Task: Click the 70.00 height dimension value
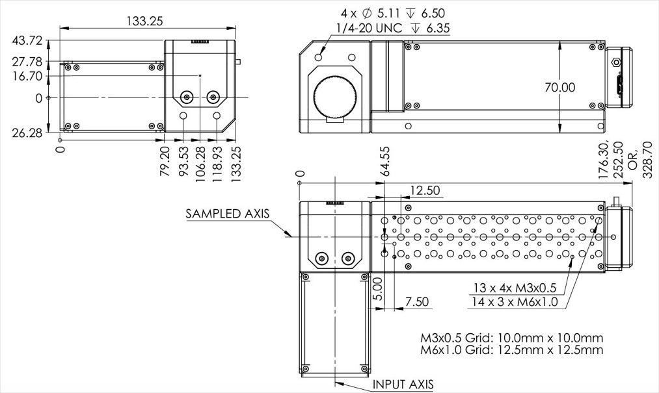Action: point(560,87)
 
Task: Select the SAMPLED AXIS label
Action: point(228,213)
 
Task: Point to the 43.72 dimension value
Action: point(27,41)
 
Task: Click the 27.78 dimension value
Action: point(27,62)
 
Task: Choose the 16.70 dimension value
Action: point(27,76)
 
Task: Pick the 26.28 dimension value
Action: point(27,133)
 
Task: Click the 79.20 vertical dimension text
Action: point(165,161)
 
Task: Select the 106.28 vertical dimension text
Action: point(200,164)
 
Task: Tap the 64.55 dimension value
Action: point(384,161)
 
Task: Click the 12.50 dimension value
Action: point(425,190)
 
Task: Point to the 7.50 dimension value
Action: point(417,301)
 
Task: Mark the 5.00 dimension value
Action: point(378,288)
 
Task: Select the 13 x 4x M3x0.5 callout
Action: point(515,288)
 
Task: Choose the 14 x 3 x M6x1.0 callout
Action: point(515,301)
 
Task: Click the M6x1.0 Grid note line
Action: point(512,349)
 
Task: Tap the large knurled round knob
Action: point(334,98)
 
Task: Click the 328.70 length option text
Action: point(648,160)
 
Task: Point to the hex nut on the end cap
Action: point(615,62)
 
